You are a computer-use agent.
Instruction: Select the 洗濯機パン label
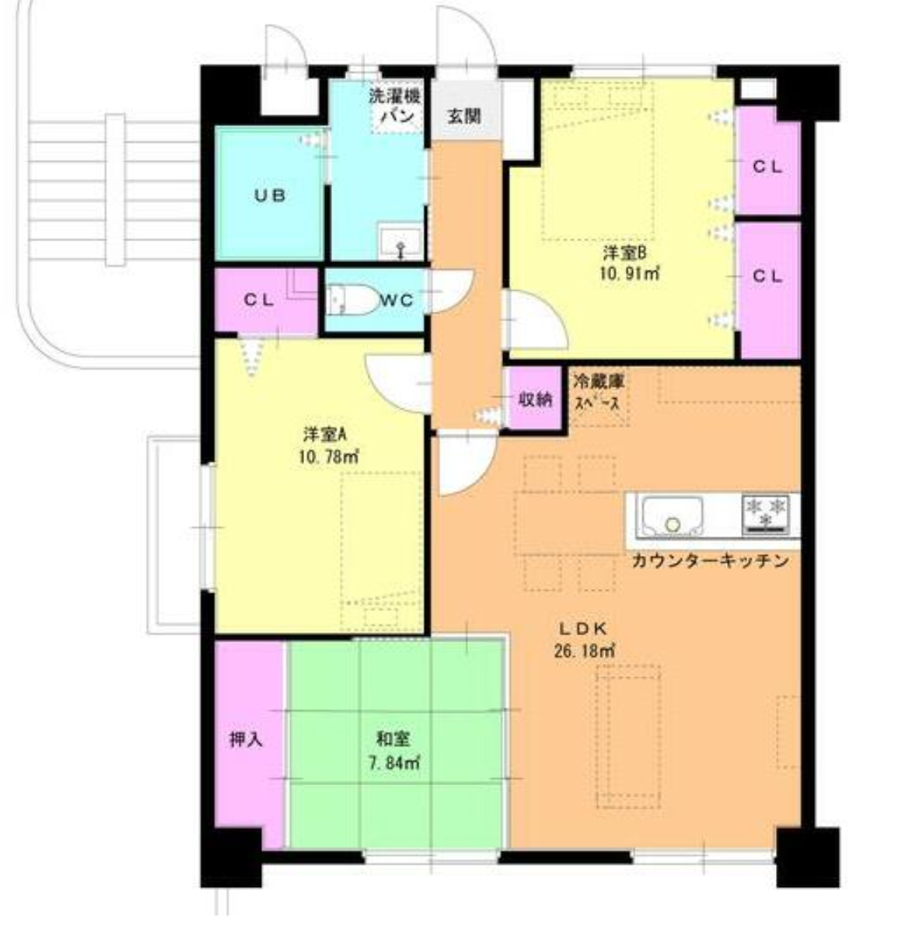pos(394,106)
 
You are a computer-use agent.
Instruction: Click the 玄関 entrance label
pos(463,116)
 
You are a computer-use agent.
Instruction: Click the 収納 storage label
pos(535,399)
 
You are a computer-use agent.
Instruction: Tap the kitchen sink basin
pos(672,515)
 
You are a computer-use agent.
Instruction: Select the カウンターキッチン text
pos(711,561)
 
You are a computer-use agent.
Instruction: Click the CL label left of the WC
pos(259,300)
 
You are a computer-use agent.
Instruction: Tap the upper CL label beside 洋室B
pos(767,167)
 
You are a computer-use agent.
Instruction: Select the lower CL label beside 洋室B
pos(767,277)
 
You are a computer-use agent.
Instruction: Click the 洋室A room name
pos(324,435)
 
